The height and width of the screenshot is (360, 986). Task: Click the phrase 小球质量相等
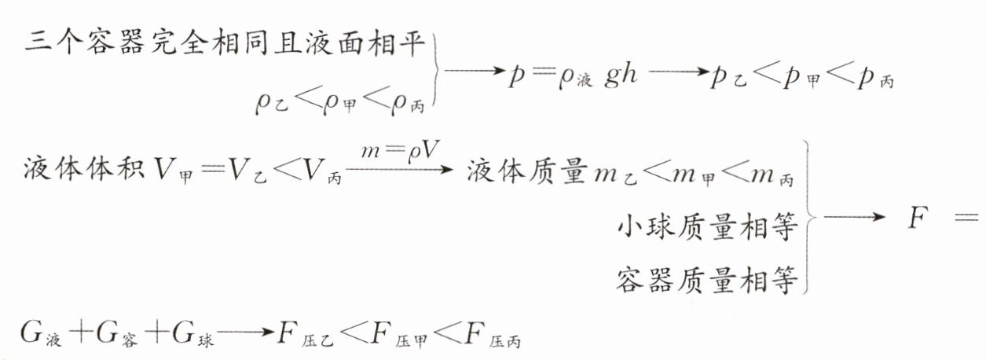click(707, 227)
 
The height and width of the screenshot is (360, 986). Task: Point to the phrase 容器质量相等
click(707, 281)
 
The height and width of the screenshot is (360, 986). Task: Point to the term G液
click(39, 334)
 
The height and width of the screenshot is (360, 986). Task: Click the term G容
click(117, 334)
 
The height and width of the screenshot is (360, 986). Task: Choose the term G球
click(193, 334)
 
